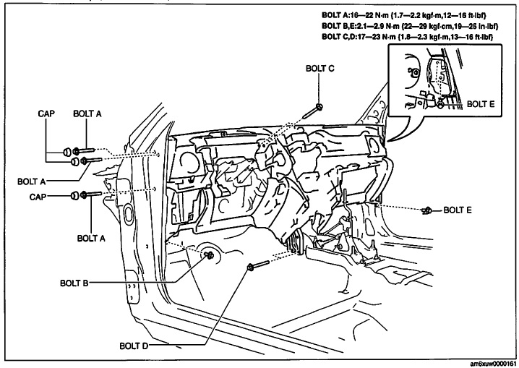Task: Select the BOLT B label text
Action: tap(74, 283)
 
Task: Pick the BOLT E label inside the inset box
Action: tap(481, 104)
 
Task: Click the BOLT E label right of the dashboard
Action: tap(458, 210)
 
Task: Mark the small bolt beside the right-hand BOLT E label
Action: tap(426, 211)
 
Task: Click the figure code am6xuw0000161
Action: tap(490, 363)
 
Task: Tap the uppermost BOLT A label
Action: tap(88, 114)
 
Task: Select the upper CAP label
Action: tap(48, 114)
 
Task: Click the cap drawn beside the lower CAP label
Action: tap(74, 194)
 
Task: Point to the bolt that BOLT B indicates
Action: tap(210, 254)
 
